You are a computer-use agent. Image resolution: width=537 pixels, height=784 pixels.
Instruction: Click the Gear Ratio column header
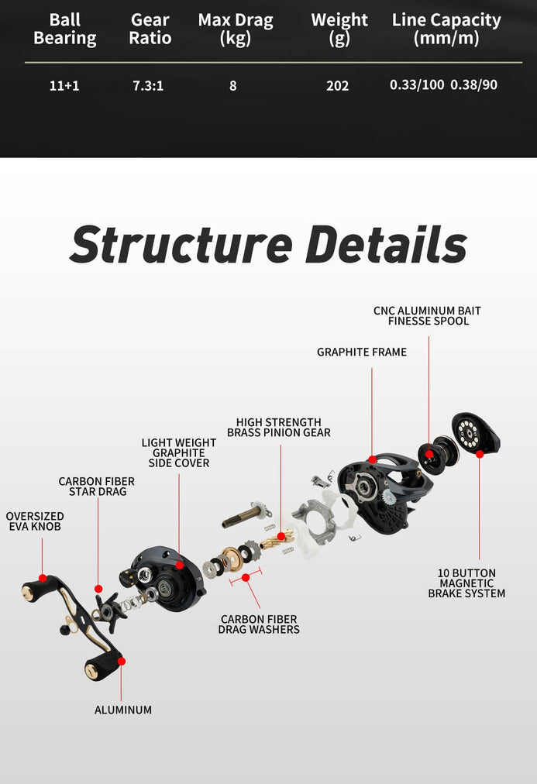pos(150,29)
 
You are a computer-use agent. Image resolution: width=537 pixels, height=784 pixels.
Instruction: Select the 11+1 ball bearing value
pos(64,85)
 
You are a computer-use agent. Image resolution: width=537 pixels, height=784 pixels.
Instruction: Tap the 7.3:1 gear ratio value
pos(148,85)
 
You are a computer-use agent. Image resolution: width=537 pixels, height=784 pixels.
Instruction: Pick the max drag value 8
pos(232,85)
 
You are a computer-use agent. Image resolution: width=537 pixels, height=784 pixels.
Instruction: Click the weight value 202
pos(337,85)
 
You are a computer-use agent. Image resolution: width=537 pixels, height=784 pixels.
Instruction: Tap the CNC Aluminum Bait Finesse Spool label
pos(427,315)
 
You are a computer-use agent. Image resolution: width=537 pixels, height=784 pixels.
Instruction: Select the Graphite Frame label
pos(362,352)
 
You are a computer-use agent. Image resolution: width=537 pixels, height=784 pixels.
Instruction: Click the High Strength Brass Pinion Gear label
pos(279,428)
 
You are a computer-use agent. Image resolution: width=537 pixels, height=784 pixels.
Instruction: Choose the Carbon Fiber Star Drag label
pos(97,487)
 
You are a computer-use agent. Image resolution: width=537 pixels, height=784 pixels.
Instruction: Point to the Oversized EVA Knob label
pos(35,521)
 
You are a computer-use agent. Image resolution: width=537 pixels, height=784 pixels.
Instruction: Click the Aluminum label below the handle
pos(123,710)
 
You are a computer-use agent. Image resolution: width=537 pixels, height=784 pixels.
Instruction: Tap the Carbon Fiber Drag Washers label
pos(259,624)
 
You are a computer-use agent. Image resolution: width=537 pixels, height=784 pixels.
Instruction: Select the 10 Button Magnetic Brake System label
pos(466,583)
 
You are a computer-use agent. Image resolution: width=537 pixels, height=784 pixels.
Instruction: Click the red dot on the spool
pos(429,454)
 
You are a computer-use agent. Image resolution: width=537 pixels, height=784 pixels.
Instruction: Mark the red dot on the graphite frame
pos(373,459)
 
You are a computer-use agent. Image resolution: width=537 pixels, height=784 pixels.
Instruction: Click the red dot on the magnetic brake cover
pos(480,453)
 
